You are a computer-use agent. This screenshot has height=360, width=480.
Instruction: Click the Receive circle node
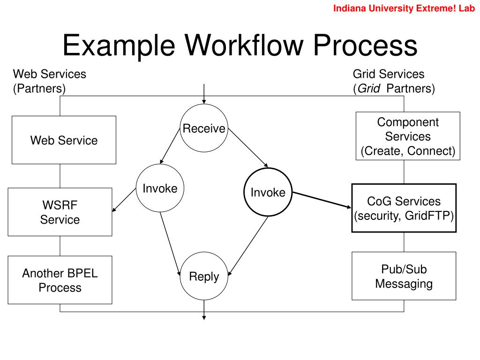[x=204, y=128]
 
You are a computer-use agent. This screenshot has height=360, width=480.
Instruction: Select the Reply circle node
[x=204, y=276]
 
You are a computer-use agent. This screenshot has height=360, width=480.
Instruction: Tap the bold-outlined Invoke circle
[x=268, y=192]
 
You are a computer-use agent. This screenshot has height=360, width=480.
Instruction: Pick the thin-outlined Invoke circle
[x=160, y=188]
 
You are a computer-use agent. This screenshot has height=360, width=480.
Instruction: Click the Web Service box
[x=64, y=140]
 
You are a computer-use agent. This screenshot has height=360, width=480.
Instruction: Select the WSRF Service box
[x=60, y=212]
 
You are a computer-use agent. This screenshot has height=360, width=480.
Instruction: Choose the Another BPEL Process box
[x=60, y=280]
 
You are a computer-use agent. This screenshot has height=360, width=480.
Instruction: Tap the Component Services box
[x=408, y=136]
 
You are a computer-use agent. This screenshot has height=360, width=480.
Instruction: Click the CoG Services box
[x=404, y=208]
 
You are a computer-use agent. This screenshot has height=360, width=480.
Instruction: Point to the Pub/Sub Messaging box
[x=404, y=276]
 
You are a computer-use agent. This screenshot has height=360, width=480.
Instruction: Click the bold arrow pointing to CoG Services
[x=322, y=200]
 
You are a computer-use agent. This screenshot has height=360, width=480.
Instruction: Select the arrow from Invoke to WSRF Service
[x=124, y=200]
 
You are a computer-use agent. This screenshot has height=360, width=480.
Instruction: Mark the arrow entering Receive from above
[x=204, y=94]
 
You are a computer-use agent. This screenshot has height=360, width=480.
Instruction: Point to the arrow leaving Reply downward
[x=204, y=310]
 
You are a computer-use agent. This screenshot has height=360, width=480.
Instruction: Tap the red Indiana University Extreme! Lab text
[x=404, y=8]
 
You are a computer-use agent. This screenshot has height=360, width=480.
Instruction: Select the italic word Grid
[x=369, y=89]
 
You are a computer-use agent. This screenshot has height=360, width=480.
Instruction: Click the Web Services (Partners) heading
[x=50, y=81]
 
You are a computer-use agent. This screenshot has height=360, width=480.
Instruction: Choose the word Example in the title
[x=119, y=46]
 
